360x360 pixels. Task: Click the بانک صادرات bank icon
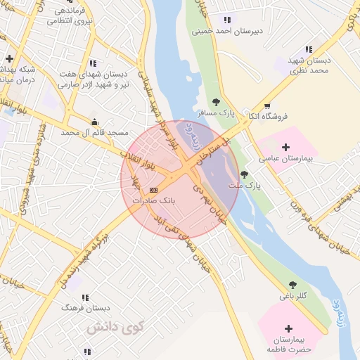[153, 190]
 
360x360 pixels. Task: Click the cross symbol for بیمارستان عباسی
[285, 147]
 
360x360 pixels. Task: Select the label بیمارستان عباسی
[285, 160]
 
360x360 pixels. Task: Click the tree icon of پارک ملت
[244, 174]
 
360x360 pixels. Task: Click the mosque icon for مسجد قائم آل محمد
[94, 121]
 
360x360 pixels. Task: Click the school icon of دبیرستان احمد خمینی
[226, 20]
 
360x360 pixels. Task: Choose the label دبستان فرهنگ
[85, 308]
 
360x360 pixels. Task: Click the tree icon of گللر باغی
[292, 285]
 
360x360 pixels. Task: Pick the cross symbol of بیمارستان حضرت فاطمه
[288, 328]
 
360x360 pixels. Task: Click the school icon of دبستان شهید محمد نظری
[309, 49]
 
